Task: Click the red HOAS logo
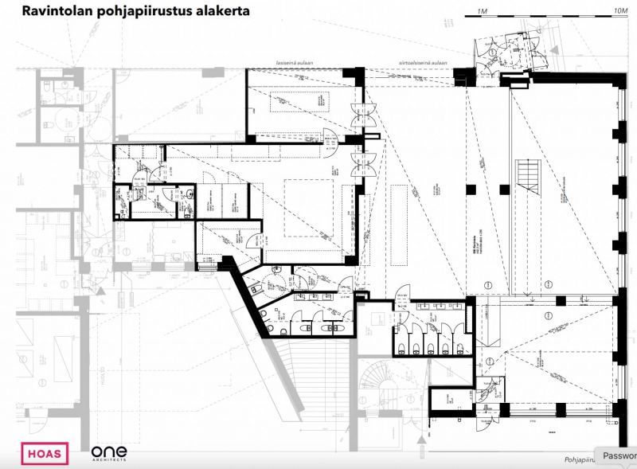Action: pos(45,454)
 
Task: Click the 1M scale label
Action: pos(480,10)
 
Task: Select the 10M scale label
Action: pos(621,10)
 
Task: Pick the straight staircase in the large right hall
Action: pos(528,174)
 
